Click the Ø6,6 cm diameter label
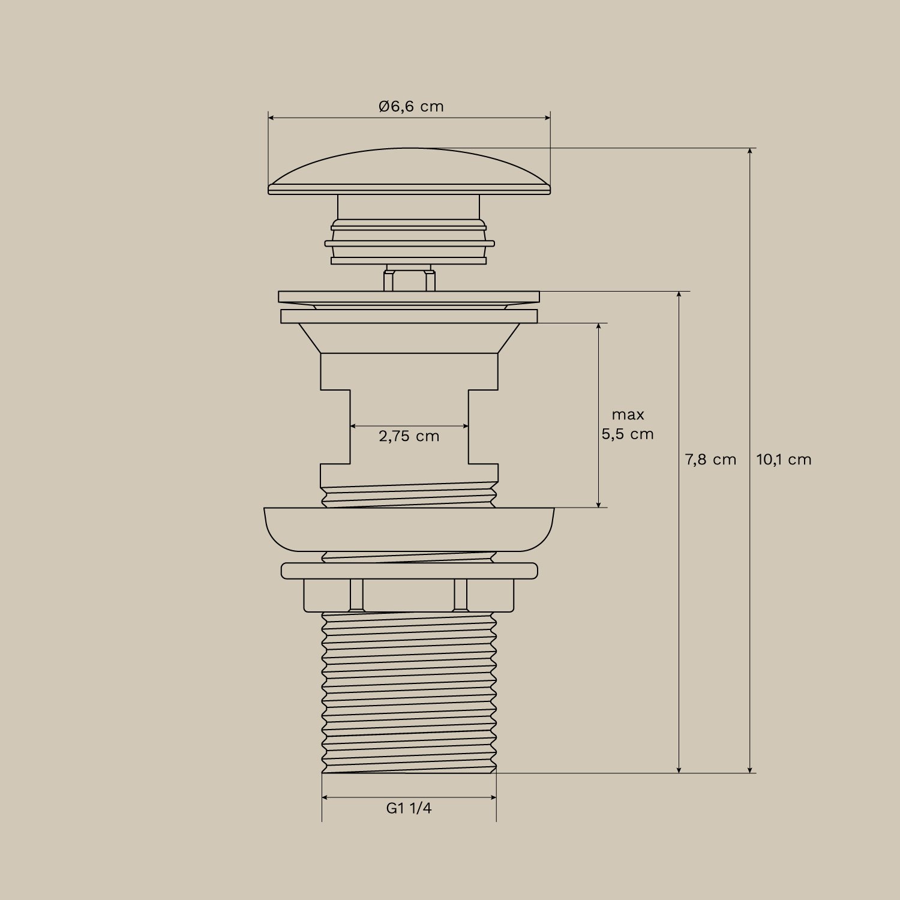[x=411, y=107]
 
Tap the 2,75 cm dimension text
[x=409, y=436]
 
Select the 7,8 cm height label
[x=710, y=460]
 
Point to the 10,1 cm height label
[x=784, y=460]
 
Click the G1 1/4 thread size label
[x=409, y=808]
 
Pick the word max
[x=628, y=415]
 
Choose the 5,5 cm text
[x=628, y=434]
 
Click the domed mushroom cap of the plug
[x=409, y=171]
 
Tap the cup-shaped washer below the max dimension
[x=409, y=529]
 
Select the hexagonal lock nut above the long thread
[x=409, y=595]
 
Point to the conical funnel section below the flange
[x=409, y=338]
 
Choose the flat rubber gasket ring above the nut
[x=409, y=571]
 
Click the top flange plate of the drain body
[x=409, y=297]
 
